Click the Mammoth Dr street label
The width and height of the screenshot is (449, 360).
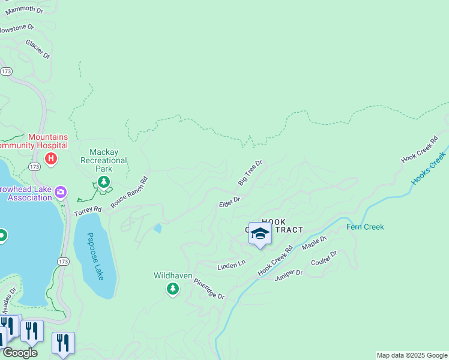pyautogui.click(x=25, y=11)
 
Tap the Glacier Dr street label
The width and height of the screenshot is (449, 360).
pyautogui.click(x=38, y=49)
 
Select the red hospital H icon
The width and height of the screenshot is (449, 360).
pyautogui.click(x=52, y=158)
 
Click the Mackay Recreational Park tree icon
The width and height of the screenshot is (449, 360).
pyautogui.click(x=104, y=181)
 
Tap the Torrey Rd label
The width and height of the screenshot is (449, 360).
pyautogui.click(x=88, y=211)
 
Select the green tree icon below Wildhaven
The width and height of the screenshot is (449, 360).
pyautogui.click(x=173, y=289)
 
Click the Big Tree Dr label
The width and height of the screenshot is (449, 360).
pyautogui.click(x=250, y=172)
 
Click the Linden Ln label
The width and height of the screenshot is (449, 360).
pyautogui.click(x=232, y=264)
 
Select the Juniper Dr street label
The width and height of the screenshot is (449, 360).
pyautogui.click(x=289, y=273)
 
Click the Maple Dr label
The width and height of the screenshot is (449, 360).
pyautogui.click(x=315, y=243)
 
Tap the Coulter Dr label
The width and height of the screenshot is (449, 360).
pyautogui.click(x=325, y=259)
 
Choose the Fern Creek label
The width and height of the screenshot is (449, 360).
pyautogui.click(x=365, y=227)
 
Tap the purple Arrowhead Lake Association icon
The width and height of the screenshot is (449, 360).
pyautogui.click(x=61, y=193)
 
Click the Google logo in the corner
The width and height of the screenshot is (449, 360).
pyautogui.click(x=20, y=353)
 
